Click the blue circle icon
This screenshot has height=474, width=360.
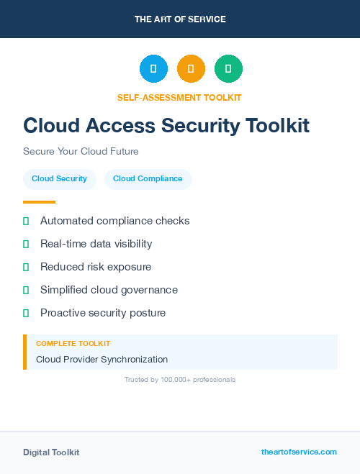153,68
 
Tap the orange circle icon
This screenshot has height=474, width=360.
191,68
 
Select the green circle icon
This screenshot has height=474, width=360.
228,68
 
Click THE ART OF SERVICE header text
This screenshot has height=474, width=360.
180,19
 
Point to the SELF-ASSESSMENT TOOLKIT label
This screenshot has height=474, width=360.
179,97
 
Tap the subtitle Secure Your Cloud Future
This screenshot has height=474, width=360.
81,152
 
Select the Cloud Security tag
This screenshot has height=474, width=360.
59,179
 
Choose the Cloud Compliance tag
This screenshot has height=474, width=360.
148,179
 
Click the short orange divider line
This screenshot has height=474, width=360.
39,202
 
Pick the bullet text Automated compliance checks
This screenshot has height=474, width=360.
114,221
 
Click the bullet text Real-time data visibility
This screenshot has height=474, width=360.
96,244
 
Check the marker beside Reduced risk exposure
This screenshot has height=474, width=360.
26,267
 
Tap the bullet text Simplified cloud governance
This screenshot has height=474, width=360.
109,290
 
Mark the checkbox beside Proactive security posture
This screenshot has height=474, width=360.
26,313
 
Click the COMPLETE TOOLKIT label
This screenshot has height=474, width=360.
73,344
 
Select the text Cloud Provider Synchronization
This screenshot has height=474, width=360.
102,359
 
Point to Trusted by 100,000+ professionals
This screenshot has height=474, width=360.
180,379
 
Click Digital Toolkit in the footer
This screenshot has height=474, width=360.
51,452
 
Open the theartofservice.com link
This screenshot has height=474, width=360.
299,452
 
